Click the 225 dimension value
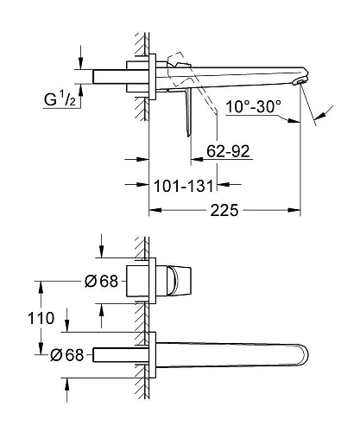tap(224, 210)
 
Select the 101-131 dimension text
tap(184, 186)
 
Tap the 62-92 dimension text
tap(228, 151)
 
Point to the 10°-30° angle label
tap(253, 106)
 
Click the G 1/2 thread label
tap(60, 99)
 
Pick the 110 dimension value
tap(41, 318)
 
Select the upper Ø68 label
tap(101, 281)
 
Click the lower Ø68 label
tap(66, 355)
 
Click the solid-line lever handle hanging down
tap(188, 112)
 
